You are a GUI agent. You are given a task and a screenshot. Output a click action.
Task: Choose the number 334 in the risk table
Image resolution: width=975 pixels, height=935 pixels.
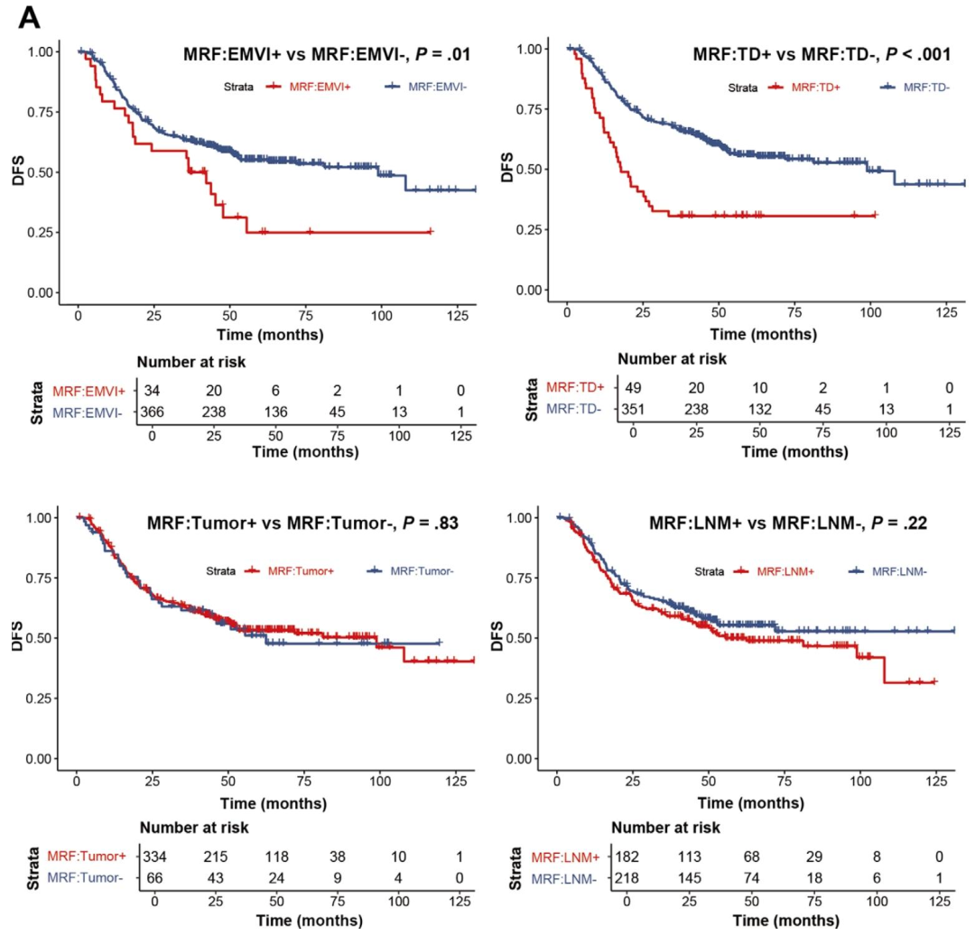pyautogui.click(x=154, y=853)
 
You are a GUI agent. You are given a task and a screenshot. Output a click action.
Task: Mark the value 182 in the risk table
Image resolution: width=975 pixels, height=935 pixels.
pyautogui.click(x=627, y=853)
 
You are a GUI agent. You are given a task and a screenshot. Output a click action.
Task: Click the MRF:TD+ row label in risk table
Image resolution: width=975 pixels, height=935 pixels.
pyautogui.click(x=576, y=388)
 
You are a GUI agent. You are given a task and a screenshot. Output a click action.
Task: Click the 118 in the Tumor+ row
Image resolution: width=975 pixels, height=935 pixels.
pyautogui.click(x=276, y=853)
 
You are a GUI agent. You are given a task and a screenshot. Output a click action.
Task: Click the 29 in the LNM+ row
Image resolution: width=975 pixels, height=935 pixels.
pyautogui.click(x=813, y=853)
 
